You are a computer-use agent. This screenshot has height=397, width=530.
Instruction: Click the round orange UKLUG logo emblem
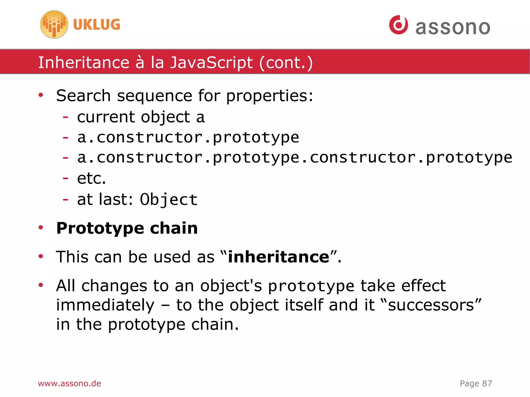pos(54,25)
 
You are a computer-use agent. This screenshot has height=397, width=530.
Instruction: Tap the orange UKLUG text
pos(97,25)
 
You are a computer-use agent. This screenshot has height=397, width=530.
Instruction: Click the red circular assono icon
pos(398,25)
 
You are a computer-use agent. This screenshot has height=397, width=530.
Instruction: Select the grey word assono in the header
pos(453,27)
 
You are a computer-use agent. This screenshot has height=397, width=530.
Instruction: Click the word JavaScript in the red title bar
pos(211,63)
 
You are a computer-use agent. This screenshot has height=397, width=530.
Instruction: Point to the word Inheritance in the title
pos(84,63)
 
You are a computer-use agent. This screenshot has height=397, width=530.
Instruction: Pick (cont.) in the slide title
pos(286,63)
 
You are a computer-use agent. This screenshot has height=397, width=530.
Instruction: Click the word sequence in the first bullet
pos(154,96)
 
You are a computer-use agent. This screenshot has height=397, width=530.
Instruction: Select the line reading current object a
pos(141,117)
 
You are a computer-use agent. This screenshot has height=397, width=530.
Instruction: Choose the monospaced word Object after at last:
pos(169,200)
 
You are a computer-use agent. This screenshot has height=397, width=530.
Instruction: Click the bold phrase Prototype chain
pos(127,228)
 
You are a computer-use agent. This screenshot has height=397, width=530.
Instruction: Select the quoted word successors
pos(431,305)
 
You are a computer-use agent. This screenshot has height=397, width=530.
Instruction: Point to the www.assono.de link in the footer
pos(69,383)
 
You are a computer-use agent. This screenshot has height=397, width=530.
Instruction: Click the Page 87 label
pos(476,383)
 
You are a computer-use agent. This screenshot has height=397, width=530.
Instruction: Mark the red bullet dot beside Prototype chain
pos(41,228)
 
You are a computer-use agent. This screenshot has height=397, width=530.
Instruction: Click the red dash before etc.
pos(65,178)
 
